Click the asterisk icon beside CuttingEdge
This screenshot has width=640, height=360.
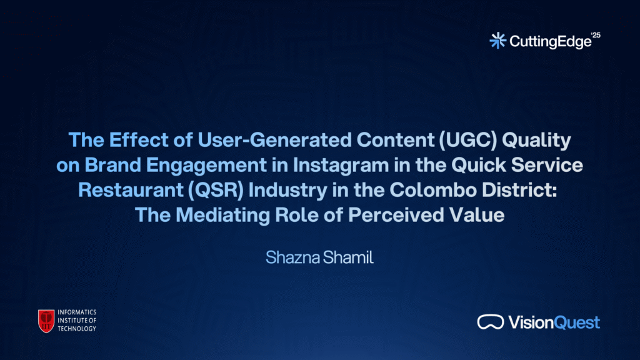498,41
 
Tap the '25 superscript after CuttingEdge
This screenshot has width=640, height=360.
596,35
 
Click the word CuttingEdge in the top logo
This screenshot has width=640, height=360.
551,42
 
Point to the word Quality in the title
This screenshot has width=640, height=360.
536,141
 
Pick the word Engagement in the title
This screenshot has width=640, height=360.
206,166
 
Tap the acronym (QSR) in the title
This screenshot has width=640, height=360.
216,190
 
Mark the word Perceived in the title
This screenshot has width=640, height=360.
396,215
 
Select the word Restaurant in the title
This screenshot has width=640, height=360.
131,190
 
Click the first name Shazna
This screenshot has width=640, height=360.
292,257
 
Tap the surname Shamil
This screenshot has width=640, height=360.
348,257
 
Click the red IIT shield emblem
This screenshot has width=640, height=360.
46,321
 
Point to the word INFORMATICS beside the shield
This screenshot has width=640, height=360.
77,312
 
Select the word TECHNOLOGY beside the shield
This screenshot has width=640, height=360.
77,329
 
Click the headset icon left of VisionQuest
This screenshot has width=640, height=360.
491,322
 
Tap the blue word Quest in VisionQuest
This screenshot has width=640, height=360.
577,322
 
